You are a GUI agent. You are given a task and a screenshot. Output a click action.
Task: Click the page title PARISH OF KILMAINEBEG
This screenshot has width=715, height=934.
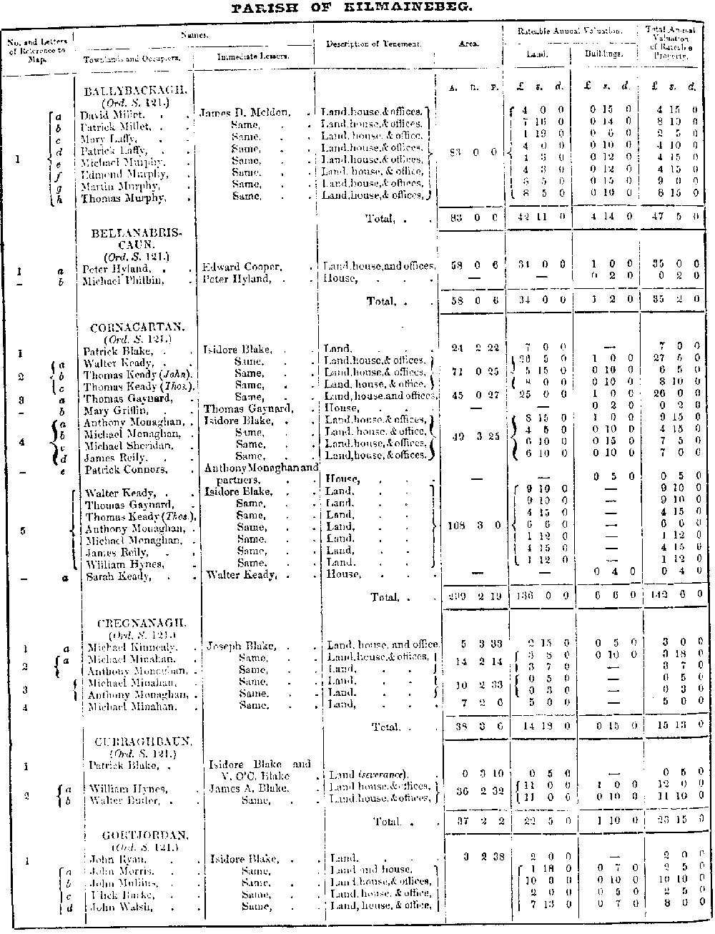[x=352, y=9]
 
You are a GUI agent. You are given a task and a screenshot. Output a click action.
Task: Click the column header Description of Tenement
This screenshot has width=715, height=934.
[x=373, y=44]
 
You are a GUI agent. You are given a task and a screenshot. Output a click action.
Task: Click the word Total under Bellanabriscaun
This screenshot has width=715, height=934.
[x=380, y=301]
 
